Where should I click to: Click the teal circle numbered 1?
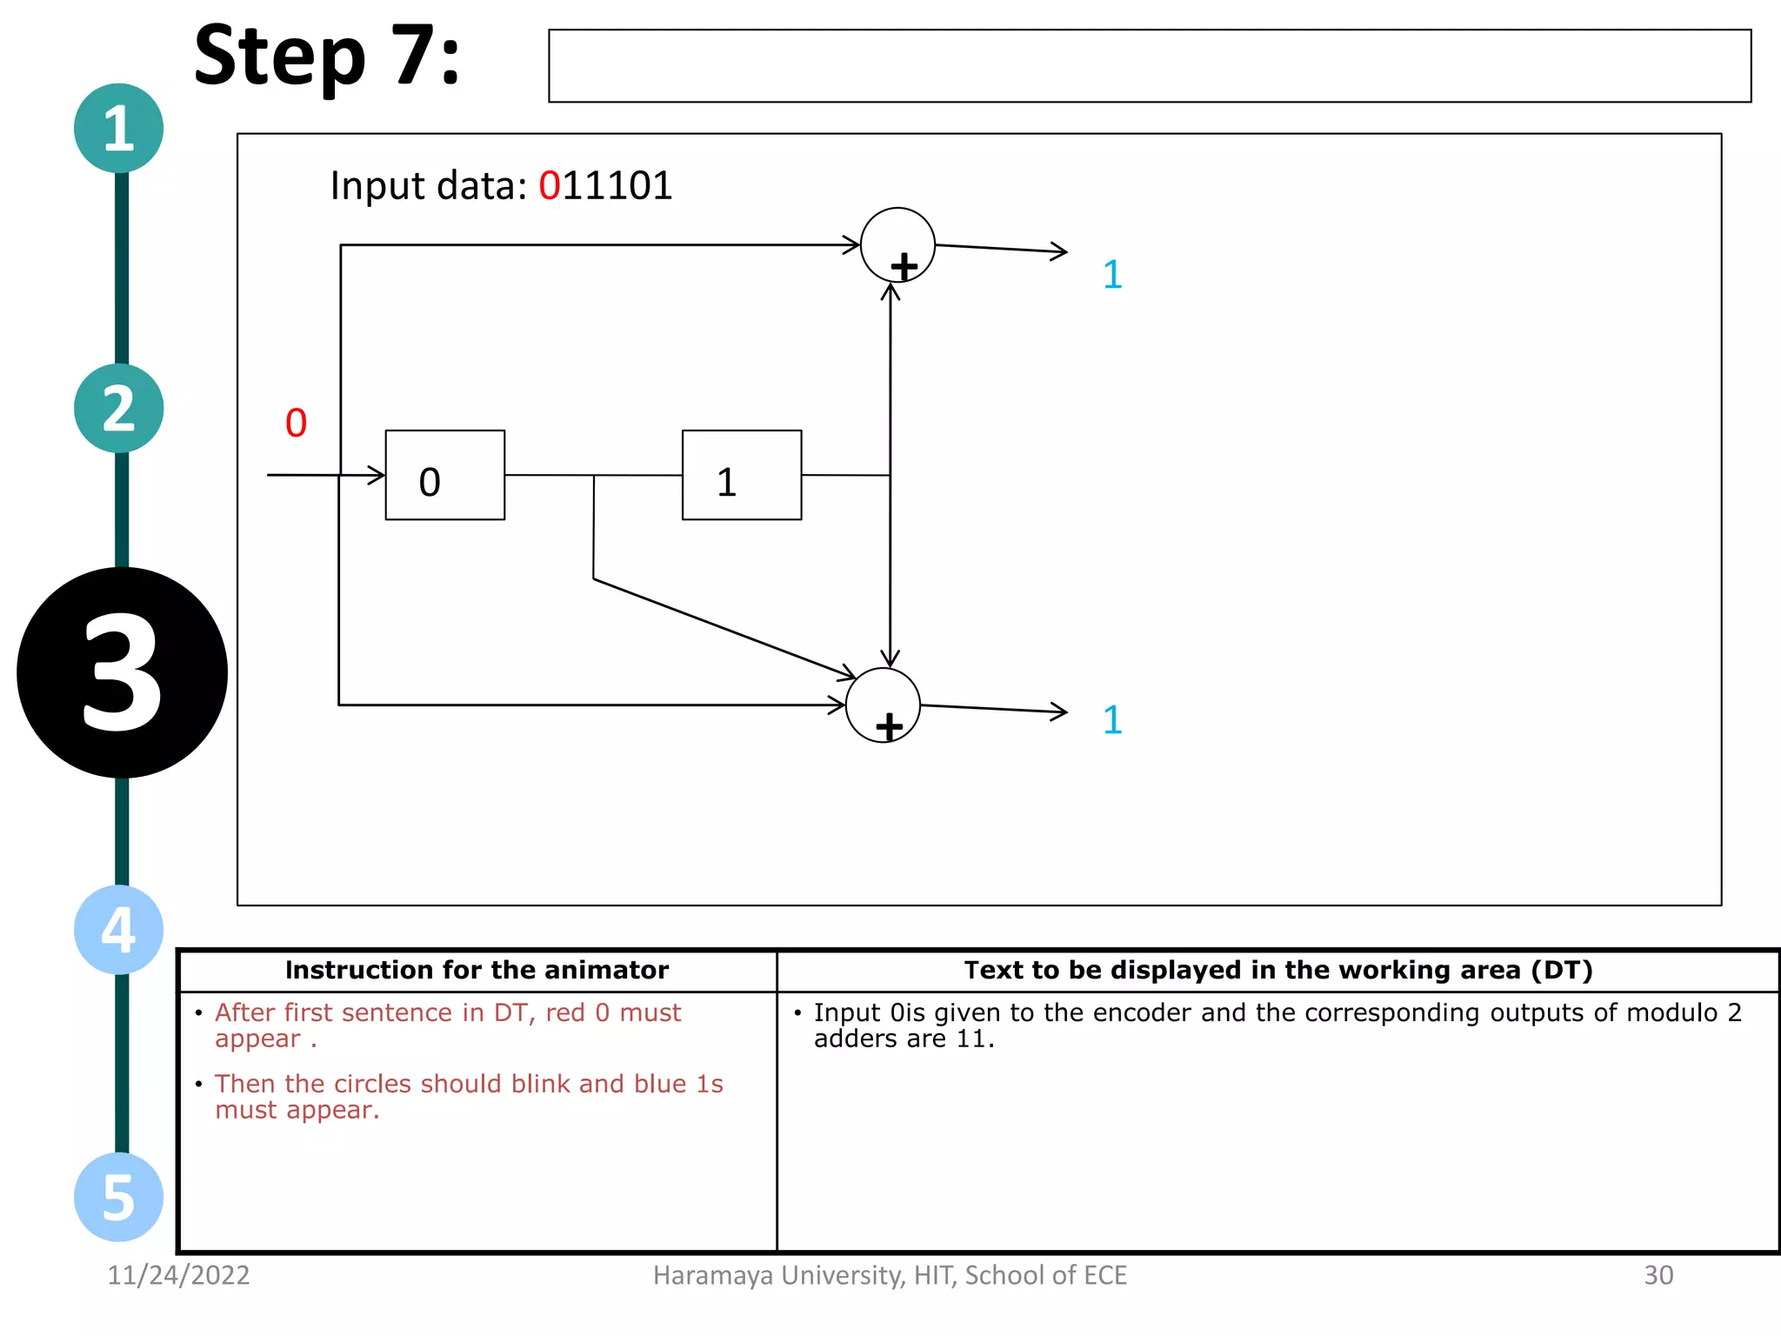point(118,128)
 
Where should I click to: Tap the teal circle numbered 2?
point(118,408)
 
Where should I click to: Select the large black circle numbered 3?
point(122,672)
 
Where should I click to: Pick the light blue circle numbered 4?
point(118,929)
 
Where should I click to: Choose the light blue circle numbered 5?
point(118,1197)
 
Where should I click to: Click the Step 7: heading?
point(326,57)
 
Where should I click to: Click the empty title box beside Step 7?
point(1149,66)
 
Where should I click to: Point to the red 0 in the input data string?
point(549,186)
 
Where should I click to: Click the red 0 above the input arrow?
point(296,424)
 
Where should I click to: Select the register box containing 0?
point(444,475)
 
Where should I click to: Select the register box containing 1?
point(741,475)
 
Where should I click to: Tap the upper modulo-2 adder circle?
point(897,245)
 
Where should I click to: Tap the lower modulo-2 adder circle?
point(883,705)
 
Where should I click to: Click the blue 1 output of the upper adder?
point(1112,275)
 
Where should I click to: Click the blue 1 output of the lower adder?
point(1112,720)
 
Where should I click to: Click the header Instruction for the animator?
point(477,970)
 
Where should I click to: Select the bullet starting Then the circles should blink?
point(469,1096)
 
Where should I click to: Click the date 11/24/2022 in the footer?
point(178,1275)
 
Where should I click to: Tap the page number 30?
point(1658,1275)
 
